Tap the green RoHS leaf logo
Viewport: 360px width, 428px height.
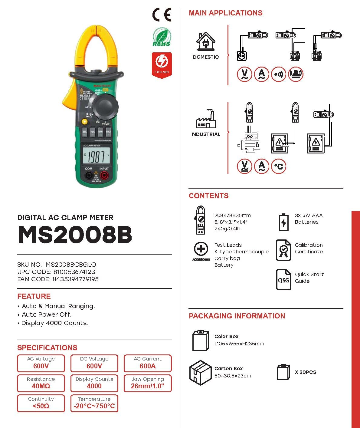(x=162, y=37)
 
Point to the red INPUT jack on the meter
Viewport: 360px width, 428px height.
(x=104, y=175)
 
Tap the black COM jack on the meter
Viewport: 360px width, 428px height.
(x=89, y=175)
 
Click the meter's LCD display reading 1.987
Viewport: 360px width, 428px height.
(x=95, y=157)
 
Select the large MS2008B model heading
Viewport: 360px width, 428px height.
(x=75, y=235)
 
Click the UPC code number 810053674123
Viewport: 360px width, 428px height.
(x=74, y=272)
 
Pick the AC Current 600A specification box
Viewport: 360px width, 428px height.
(x=148, y=363)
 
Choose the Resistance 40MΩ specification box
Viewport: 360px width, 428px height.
(x=41, y=383)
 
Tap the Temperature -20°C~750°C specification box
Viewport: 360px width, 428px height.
(x=94, y=403)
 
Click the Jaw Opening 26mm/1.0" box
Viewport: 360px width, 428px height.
(x=148, y=383)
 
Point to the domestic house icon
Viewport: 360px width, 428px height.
(x=206, y=41)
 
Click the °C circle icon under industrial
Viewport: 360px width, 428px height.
(x=278, y=166)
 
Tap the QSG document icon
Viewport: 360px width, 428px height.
(x=283, y=279)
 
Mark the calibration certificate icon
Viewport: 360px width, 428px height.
(x=283, y=250)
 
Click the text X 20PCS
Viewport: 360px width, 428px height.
(x=306, y=372)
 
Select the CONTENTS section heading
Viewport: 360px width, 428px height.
(x=209, y=196)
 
